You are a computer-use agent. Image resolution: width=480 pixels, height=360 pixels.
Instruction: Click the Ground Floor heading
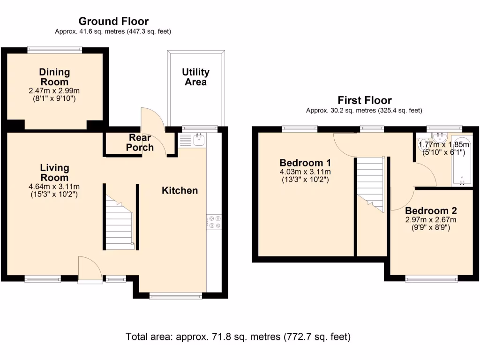click(x=113, y=21)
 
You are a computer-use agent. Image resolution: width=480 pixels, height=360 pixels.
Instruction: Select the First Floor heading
click(x=365, y=100)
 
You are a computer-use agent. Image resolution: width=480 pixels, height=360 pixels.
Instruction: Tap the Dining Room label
click(x=54, y=77)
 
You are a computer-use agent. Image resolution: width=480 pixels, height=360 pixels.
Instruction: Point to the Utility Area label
click(x=195, y=77)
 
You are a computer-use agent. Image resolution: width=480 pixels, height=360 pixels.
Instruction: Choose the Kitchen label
click(x=180, y=190)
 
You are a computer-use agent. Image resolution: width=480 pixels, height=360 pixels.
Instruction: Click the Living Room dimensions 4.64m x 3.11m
click(x=54, y=187)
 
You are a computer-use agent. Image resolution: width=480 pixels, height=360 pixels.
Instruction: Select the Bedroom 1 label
click(x=305, y=163)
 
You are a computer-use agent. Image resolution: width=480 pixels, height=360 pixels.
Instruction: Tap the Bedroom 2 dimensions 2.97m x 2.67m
click(x=431, y=219)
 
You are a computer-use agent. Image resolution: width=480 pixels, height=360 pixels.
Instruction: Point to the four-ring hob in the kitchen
click(x=214, y=222)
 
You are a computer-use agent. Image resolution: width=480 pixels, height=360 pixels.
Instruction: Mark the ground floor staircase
click(x=119, y=223)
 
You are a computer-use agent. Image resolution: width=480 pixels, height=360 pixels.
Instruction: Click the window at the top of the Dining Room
click(x=55, y=48)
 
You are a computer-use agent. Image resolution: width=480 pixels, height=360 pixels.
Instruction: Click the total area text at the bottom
click(x=238, y=337)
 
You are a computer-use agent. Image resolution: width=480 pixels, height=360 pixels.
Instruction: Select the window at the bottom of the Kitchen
click(x=176, y=296)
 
